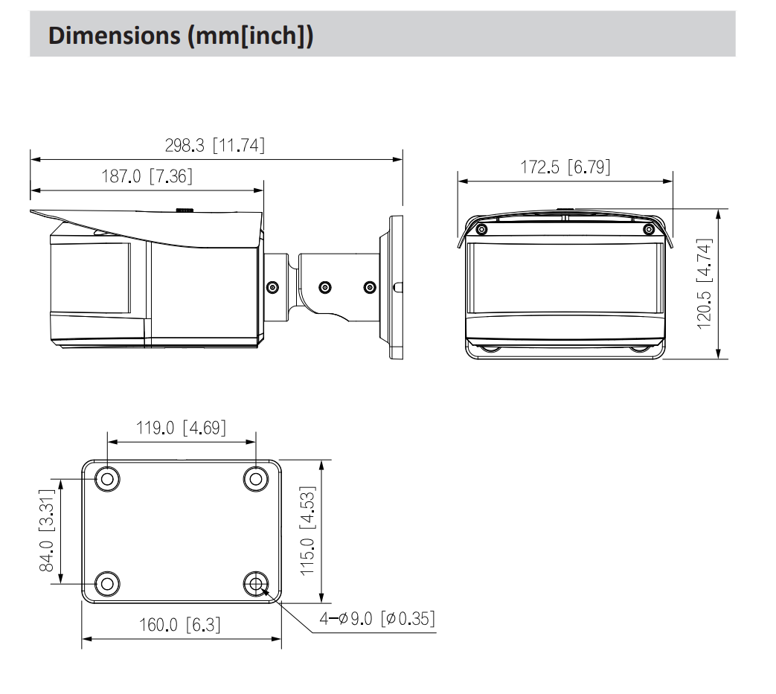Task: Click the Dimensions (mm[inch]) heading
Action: tap(182, 37)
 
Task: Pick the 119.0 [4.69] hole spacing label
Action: tap(182, 428)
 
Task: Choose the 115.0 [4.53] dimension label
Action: tap(308, 530)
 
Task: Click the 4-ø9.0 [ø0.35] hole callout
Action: tap(377, 618)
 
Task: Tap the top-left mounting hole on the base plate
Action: tap(108, 478)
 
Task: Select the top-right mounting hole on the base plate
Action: tap(256, 478)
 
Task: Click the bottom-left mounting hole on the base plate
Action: tap(108, 582)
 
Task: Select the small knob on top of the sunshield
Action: tap(185, 211)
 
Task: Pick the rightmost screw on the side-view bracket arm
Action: tap(370, 287)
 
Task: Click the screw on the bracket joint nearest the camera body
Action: tap(272, 287)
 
